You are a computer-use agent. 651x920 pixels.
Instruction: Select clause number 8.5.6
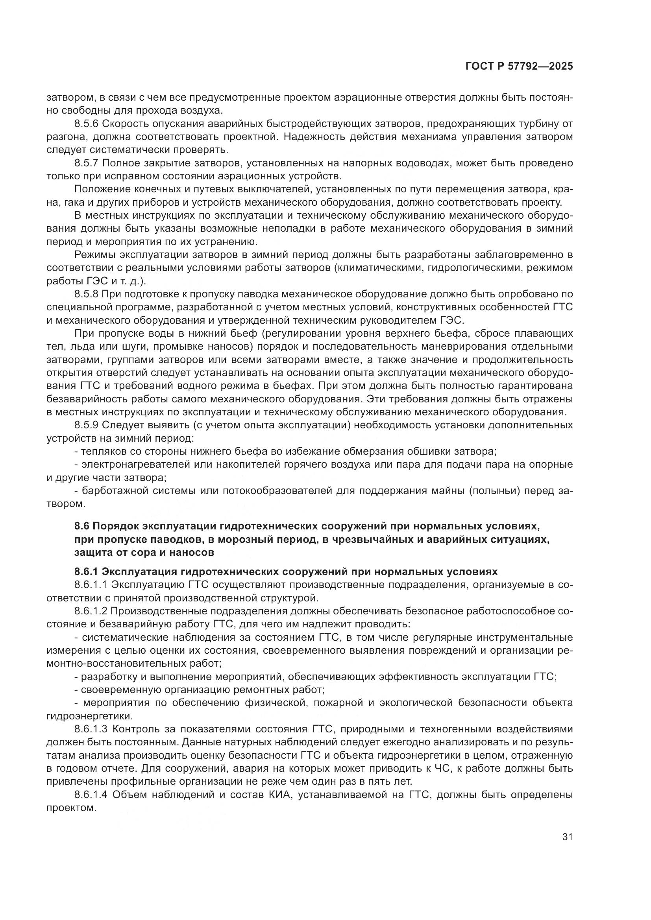coord(86,124)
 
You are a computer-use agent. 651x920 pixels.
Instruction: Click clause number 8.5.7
coord(86,163)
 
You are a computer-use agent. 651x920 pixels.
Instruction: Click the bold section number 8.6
coord(82,526)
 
